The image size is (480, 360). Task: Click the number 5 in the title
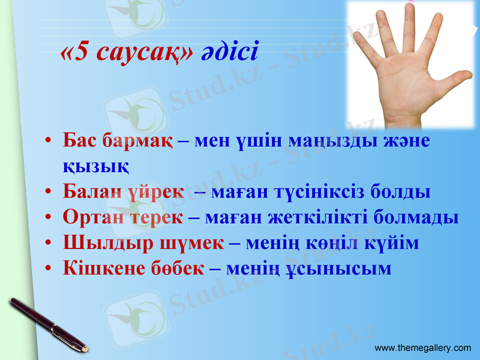pos(81,53)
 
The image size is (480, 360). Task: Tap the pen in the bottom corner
pos(48,324)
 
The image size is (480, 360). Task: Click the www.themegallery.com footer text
pos(423,348)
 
